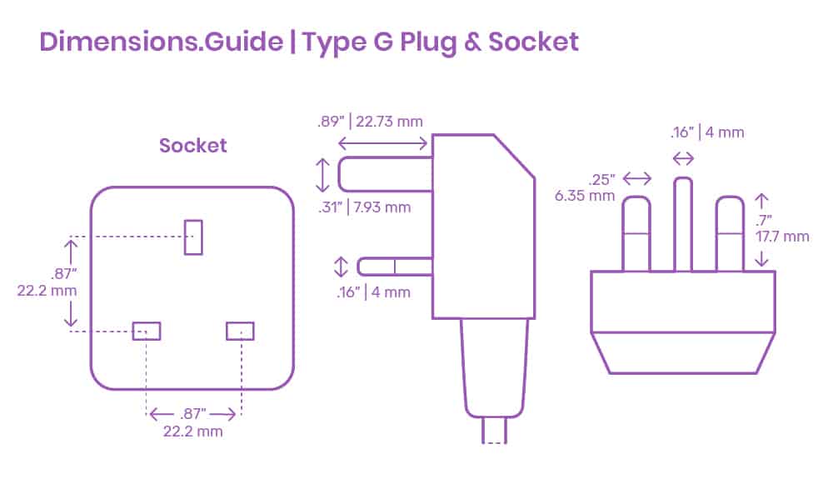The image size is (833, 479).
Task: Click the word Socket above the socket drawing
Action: [x=193, y=146]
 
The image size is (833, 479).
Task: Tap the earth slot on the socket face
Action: [x=193, y=237]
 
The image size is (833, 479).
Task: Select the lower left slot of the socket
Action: [x=146, y=331]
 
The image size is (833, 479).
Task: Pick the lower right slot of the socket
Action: [x=240, y=331]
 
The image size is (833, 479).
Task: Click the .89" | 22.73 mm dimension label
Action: [x=370, y=122]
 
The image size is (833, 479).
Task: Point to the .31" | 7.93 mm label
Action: [x=365, y=207]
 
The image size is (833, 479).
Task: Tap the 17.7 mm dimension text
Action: [x=782, y=237]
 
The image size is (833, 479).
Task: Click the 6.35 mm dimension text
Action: [x=585, y=196]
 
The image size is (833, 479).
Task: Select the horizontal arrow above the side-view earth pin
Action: [x=382, y=143]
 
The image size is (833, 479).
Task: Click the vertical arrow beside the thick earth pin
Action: [x=322, y=175]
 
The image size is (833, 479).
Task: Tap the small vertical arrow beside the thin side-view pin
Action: [x=341, y=267]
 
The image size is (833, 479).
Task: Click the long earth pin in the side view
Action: [x=385, y=174]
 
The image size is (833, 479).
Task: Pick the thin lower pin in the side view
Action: [x=395, y=267]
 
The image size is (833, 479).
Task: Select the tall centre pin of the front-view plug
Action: [x=683, y=225]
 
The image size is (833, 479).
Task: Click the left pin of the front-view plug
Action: [x=636, y=234]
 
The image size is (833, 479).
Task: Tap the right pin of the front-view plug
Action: [x=730, y=234]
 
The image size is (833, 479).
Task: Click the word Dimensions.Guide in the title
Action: [x=161, y=42]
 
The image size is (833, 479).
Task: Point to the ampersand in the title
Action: [x=471, y=42]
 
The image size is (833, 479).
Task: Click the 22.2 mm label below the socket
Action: [x=193, y=432]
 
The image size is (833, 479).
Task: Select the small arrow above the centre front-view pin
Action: [x=683, y=158]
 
